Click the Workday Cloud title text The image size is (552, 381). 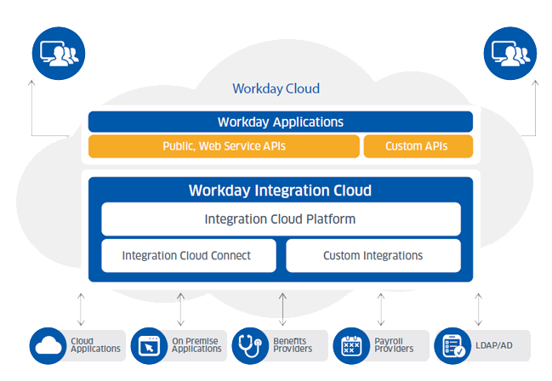276,88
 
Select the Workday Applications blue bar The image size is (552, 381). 280,122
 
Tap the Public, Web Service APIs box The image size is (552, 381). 224,146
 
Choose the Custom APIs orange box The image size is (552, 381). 418,146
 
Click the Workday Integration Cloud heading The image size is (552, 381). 280,190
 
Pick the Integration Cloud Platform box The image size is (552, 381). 281,219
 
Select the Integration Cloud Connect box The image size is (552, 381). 189,256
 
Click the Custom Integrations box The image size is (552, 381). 373,256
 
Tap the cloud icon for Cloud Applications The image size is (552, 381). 48,346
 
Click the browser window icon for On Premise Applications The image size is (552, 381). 149,346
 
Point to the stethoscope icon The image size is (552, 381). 250,346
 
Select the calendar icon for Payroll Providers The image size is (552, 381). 351,346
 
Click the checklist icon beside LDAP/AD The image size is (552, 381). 452,346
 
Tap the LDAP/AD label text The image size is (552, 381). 494,345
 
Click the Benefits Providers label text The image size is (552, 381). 293,345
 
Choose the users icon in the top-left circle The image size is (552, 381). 59,54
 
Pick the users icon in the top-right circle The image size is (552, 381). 510,54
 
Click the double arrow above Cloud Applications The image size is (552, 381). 81,310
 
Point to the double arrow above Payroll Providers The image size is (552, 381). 381,310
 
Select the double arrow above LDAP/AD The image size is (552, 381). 478,310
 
